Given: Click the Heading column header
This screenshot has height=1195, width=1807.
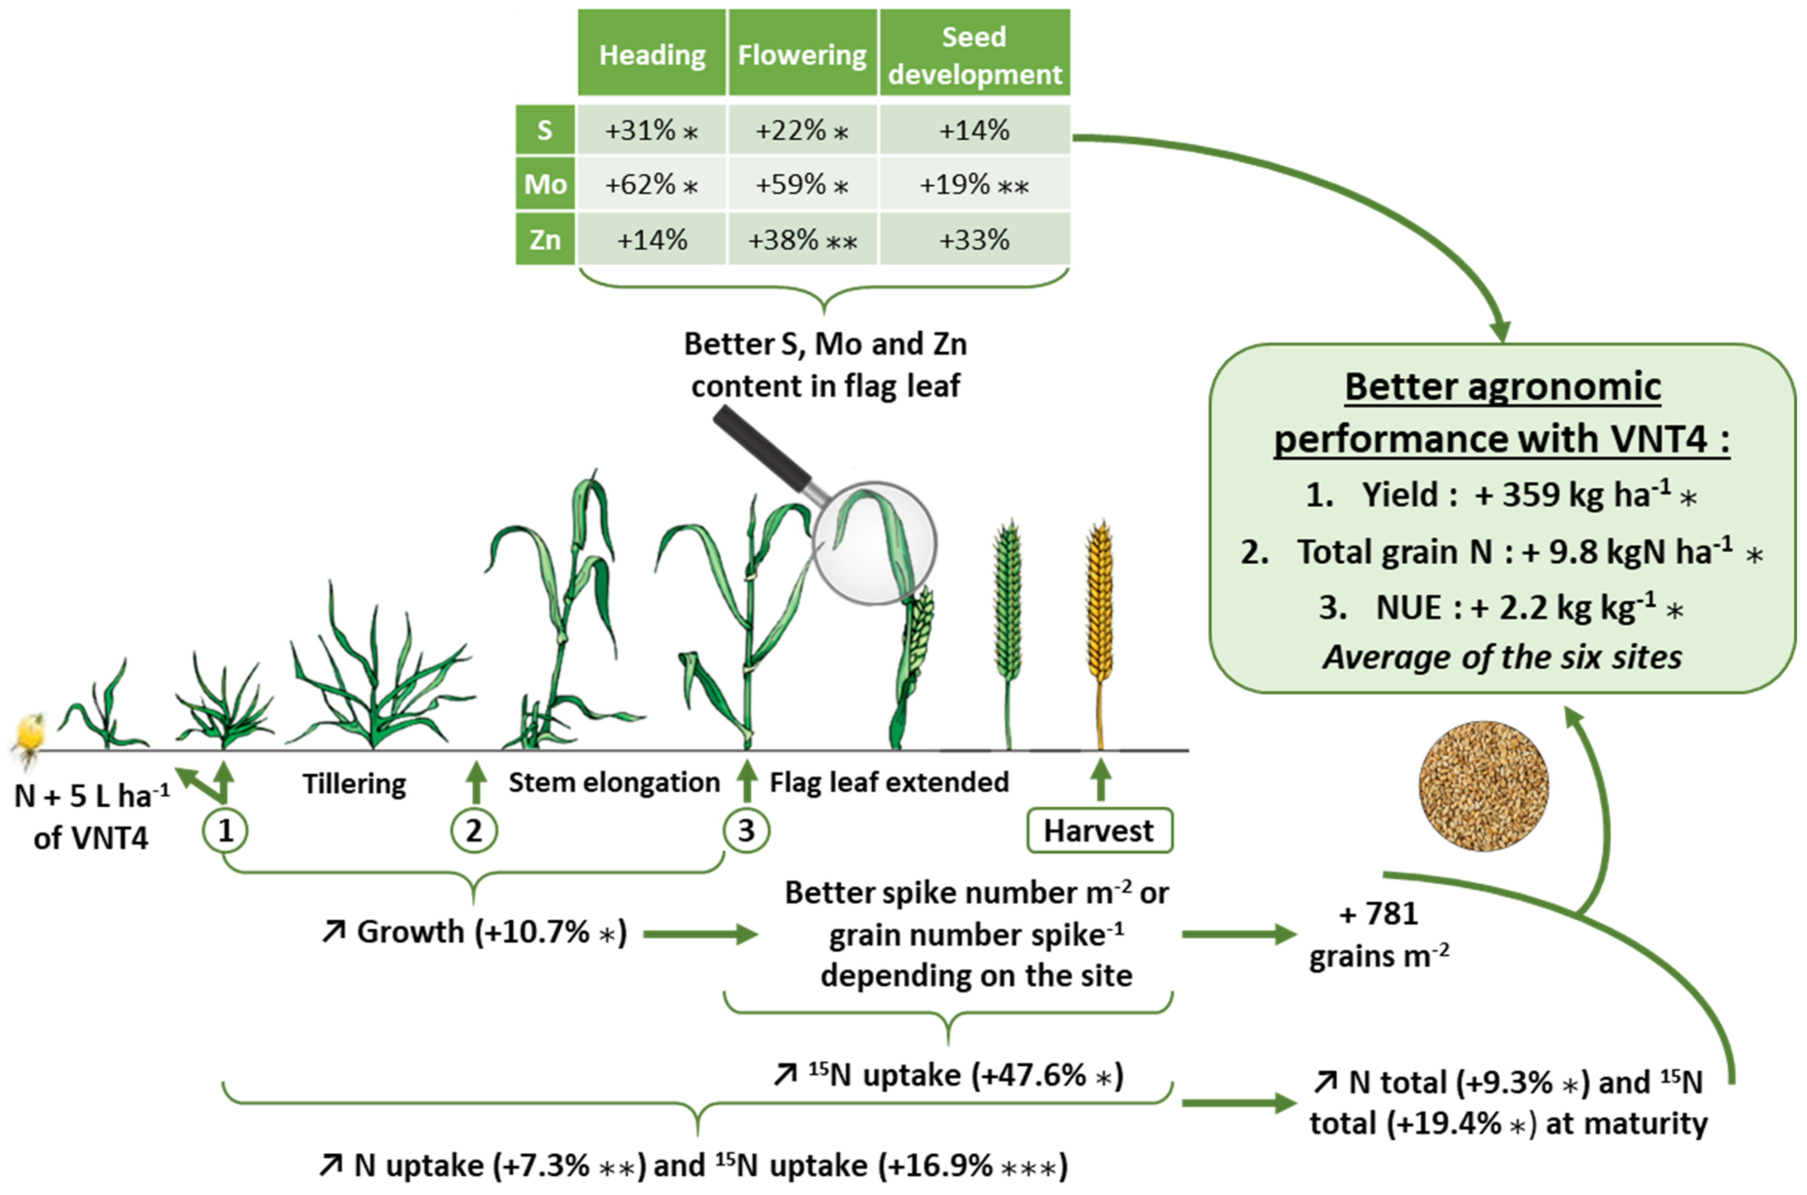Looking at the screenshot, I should (652, 55).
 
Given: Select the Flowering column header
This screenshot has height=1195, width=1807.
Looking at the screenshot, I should (802, 55).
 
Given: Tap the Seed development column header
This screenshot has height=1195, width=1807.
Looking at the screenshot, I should (974, 55).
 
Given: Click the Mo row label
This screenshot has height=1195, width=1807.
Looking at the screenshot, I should (545, 185).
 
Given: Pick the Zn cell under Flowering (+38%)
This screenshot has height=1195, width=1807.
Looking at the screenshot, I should (802, 240).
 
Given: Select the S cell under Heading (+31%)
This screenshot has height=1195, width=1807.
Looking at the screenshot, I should (652, 130).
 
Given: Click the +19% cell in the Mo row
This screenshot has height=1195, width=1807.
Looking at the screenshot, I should (974, 185).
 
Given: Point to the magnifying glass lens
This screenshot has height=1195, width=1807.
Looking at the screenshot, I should (874, 543).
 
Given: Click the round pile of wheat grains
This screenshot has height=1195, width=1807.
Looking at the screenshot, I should (1483, 785).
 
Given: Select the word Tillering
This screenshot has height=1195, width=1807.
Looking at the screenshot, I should (354, 784).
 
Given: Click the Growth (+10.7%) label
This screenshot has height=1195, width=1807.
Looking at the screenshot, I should (474, 932).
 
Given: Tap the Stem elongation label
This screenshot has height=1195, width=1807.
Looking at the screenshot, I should (614, 782).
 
